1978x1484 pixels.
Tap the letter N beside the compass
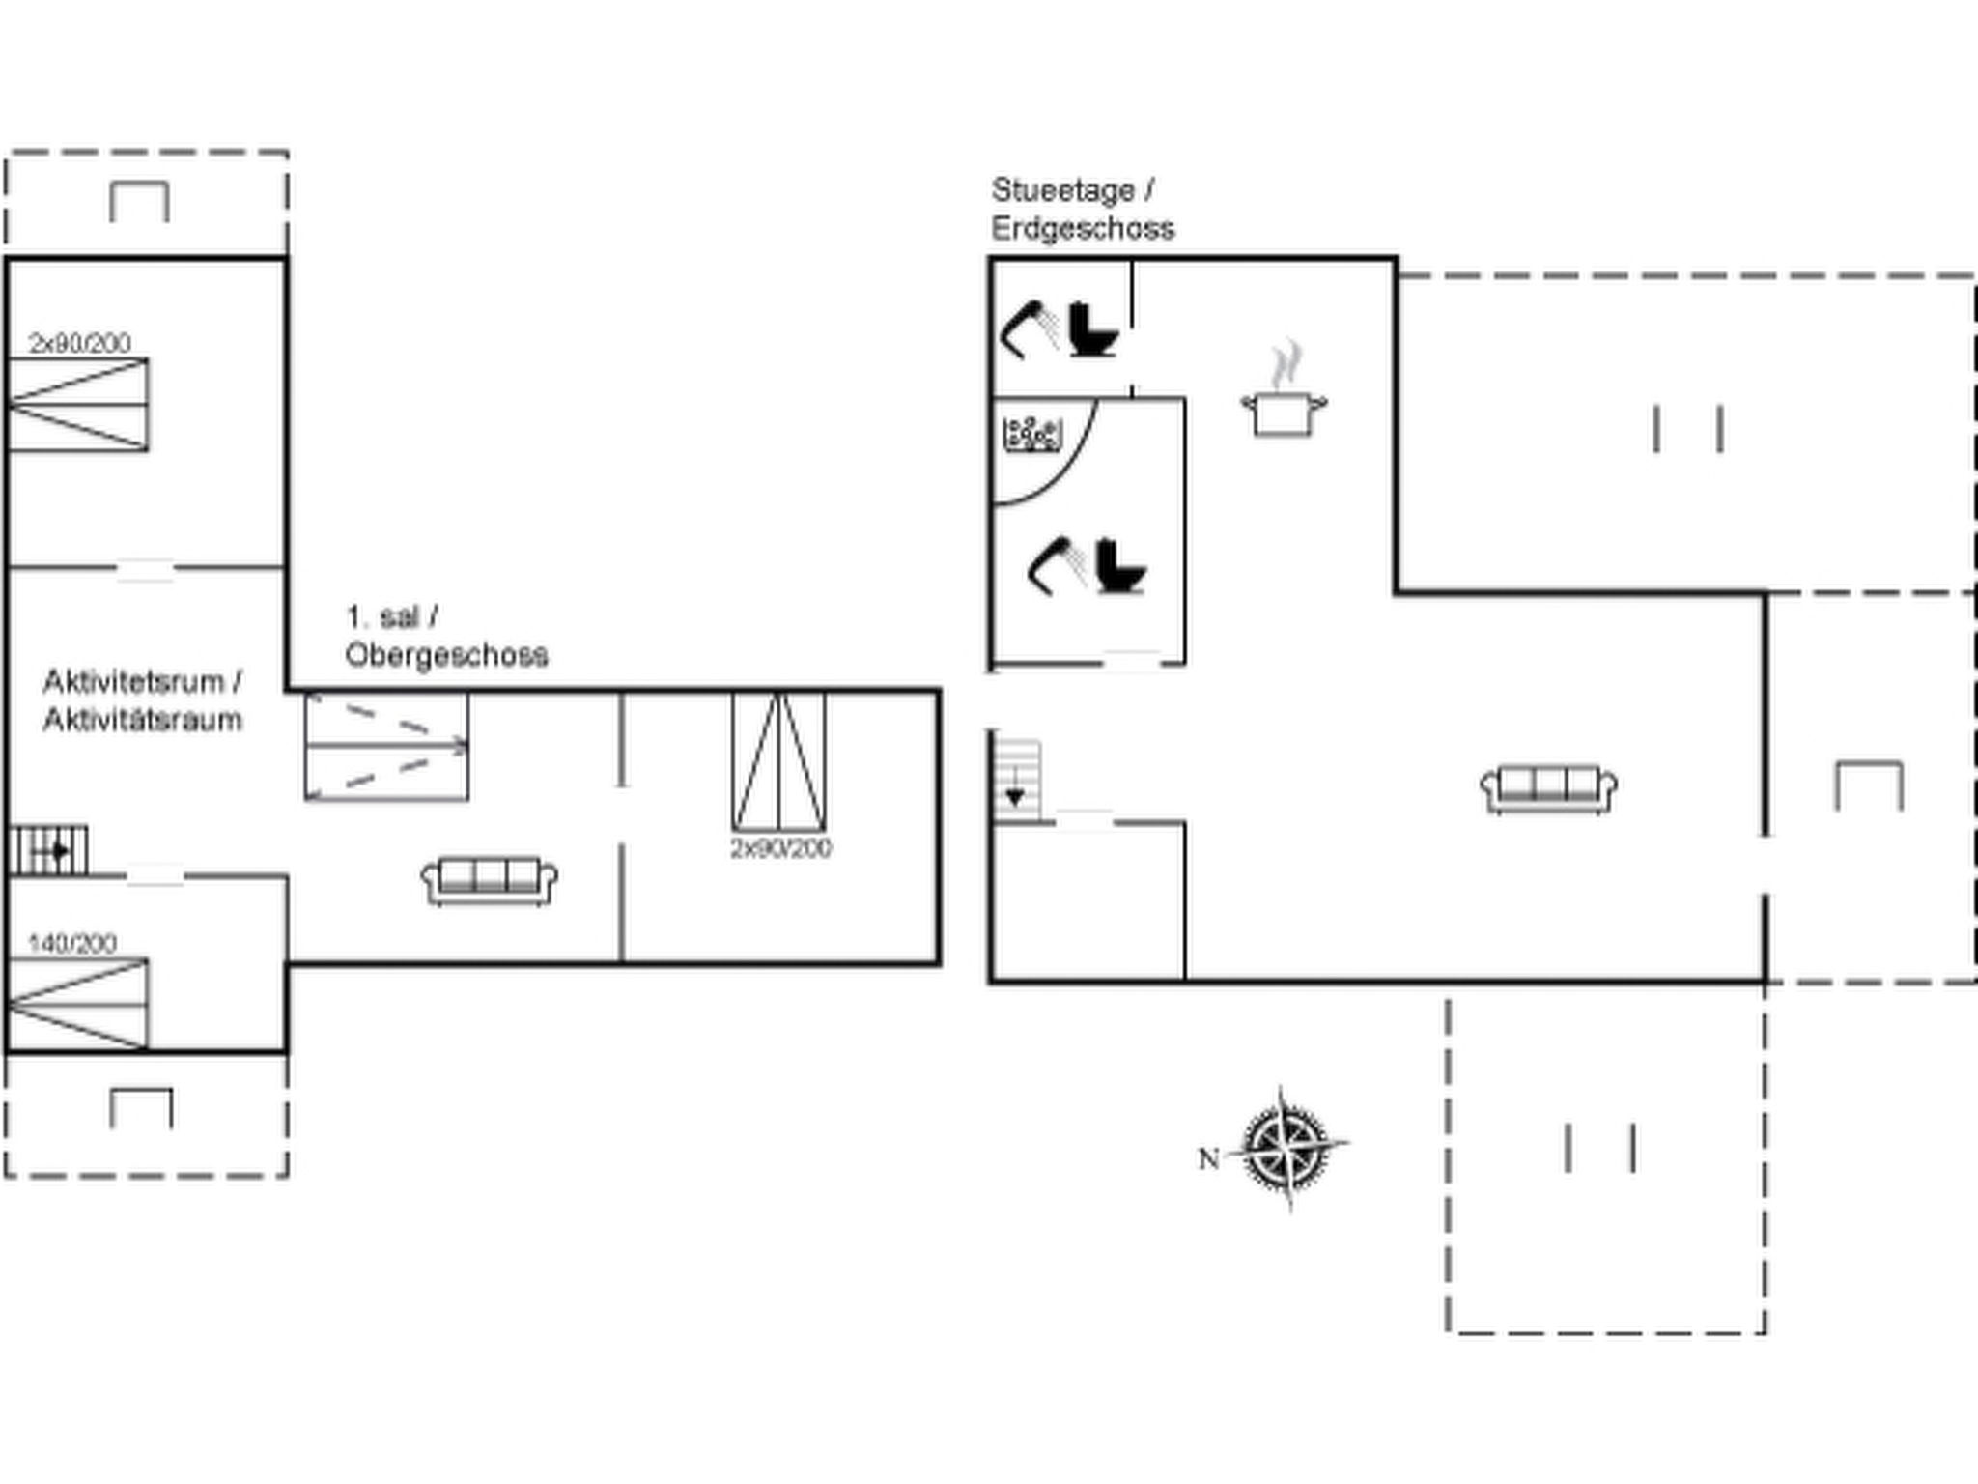[1208, 1157]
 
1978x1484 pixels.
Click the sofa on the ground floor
[1548, 789]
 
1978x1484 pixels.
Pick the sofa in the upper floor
[490, 880]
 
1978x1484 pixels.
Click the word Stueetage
[1062, 190]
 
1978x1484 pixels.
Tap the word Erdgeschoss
[1083, 229]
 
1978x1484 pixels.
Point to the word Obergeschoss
[446, 655]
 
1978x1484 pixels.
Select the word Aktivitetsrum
[133, 682]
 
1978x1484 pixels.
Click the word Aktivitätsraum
[142, 720]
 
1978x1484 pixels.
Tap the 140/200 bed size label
[72, 943]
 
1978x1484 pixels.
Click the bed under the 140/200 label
[78, 1003]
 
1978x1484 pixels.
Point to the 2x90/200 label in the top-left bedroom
[79, 343]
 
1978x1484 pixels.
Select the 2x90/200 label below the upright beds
[780, 848]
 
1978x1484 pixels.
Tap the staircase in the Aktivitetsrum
[48, 850]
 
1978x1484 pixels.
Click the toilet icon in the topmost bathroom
[1092, 329]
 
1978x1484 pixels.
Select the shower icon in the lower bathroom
[1057, 565]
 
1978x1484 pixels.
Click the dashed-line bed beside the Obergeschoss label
[386, 747]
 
